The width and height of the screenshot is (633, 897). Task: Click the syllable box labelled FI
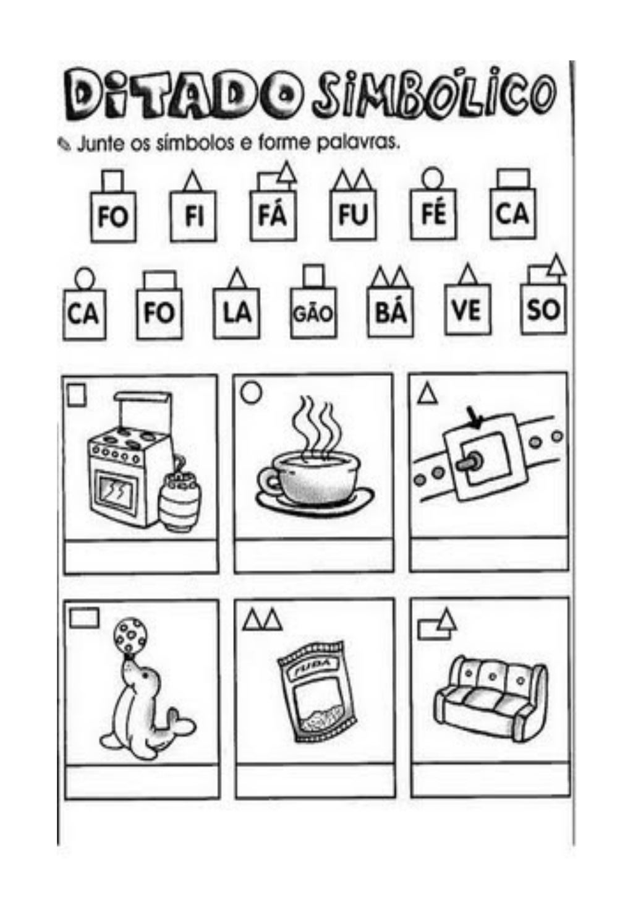(x=193, y=217)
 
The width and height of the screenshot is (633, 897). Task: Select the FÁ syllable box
(x=274, y=215)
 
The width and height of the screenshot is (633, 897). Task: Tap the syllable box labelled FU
(x=354, y=215)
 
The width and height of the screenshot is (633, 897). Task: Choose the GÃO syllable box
(x=313, y=313)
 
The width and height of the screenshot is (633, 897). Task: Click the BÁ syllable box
(x=391, y=312)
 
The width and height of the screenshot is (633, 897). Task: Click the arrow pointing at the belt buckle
(x=475, y=418)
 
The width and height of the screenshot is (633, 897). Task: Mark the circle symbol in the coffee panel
(x=250, y=392)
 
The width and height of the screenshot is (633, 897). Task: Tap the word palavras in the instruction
(x=359, y=143)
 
